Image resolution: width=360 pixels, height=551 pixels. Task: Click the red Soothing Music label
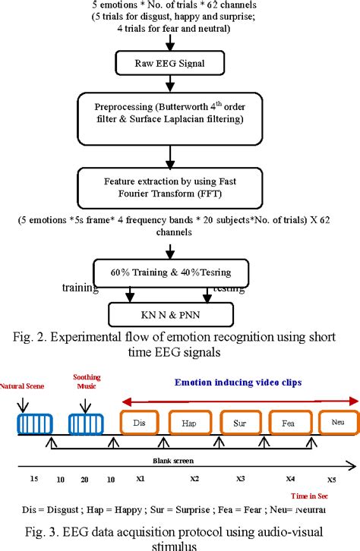point(87,380)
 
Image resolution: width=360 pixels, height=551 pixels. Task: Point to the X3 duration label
point(241,480)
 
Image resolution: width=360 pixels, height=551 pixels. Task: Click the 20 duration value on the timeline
point(84,479)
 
